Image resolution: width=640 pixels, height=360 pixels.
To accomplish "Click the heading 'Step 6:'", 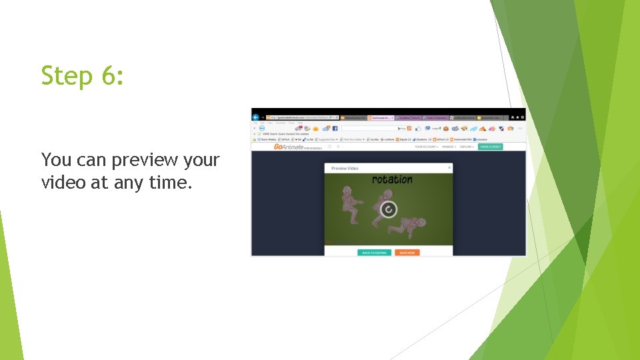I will click(82, 75).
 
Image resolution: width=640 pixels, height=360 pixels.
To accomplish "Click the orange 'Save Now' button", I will click(407, 253).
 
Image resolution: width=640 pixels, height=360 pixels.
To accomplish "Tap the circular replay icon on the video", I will click(388, 209).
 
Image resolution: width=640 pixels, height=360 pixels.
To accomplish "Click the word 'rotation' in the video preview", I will click(392, 179).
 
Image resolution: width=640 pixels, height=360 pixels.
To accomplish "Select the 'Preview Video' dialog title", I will click(345, 168).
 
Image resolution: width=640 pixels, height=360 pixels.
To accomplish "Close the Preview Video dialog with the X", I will click(449, 167).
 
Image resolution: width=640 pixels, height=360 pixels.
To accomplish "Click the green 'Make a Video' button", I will click(490, 147).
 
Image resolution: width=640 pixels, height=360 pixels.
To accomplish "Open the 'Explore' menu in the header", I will click(466, 147).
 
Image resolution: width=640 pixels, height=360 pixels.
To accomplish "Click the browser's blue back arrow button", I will click(255, 117).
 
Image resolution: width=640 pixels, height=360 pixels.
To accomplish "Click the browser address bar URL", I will click(293, 117).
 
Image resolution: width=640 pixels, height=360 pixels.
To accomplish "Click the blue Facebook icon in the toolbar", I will click(335, 128).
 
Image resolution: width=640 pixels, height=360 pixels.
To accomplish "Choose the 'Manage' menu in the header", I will click(448, 147).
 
